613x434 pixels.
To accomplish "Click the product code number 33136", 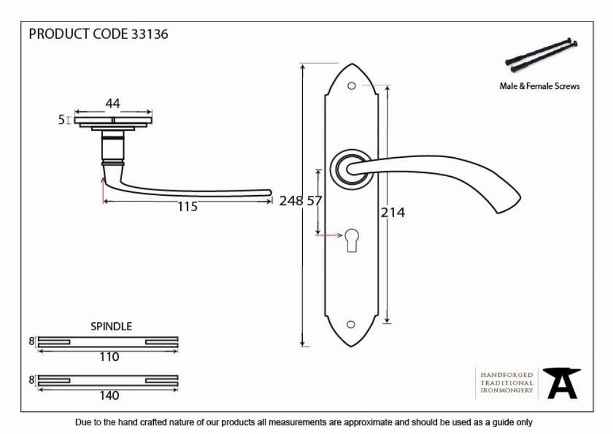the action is (150, 34).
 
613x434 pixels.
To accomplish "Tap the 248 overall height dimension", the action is (291, 201).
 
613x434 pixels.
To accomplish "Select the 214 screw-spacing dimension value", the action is (393, 212).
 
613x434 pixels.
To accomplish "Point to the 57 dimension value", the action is (314, 201).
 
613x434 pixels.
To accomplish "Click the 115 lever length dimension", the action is (188, 207).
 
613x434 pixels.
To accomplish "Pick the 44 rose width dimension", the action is (113, 104).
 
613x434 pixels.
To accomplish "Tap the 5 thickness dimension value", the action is (61, 120).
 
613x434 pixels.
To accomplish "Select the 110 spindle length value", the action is (109, 357).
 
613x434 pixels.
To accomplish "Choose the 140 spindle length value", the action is (109, 396).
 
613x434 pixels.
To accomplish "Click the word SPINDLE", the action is (111, 327).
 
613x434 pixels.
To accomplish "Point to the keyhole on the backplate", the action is (351, 239).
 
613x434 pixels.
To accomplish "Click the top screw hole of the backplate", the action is (351, 86).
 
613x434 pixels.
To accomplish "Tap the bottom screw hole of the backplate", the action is (351, 324).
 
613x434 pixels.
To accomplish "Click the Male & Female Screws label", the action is (539, 86).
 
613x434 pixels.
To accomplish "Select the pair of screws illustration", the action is (541, 56).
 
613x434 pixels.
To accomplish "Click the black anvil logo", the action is (562, 383).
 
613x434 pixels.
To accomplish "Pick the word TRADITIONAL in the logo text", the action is (507, 382).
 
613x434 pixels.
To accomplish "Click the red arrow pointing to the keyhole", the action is (329, 235).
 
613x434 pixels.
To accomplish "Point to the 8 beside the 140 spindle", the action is (32, 379).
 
